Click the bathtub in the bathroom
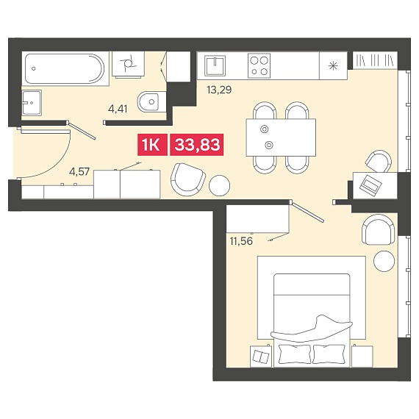pyautogui.click(x=65, y=68)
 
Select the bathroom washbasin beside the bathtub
pyautogui.click(x=32, y=103)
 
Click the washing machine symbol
pyautogui.click(x=128, y=64)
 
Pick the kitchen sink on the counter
pyautogui.click(x=215, y=65)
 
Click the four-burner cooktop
pyautogui.click(x=259, y=65)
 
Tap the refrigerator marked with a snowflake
pyautogui.click(x=333, y=65)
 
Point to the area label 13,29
pyautogui.click(x=219, y=90)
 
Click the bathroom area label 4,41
pyautogui.click(x=118, y=109)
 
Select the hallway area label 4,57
pyautogui.click(x=79, y=171)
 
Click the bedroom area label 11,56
pyautogui.click(x=241, y=241)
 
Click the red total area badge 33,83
pyautogui.click(x=197, y=145)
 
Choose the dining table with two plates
pyautogui.click(x=281, y=137)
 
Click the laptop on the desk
pyautogui.click(x=370, y=184)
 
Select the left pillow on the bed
pyautogui.click(x=294, y=354)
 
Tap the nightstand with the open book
pyautogui.click(x=261, y=357)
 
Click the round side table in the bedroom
pyautogui.click(x=384, y=262)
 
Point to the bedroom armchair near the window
pyautogui.click(x=378, y=229)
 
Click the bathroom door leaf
pyautogui.click(x=81, y=130)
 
